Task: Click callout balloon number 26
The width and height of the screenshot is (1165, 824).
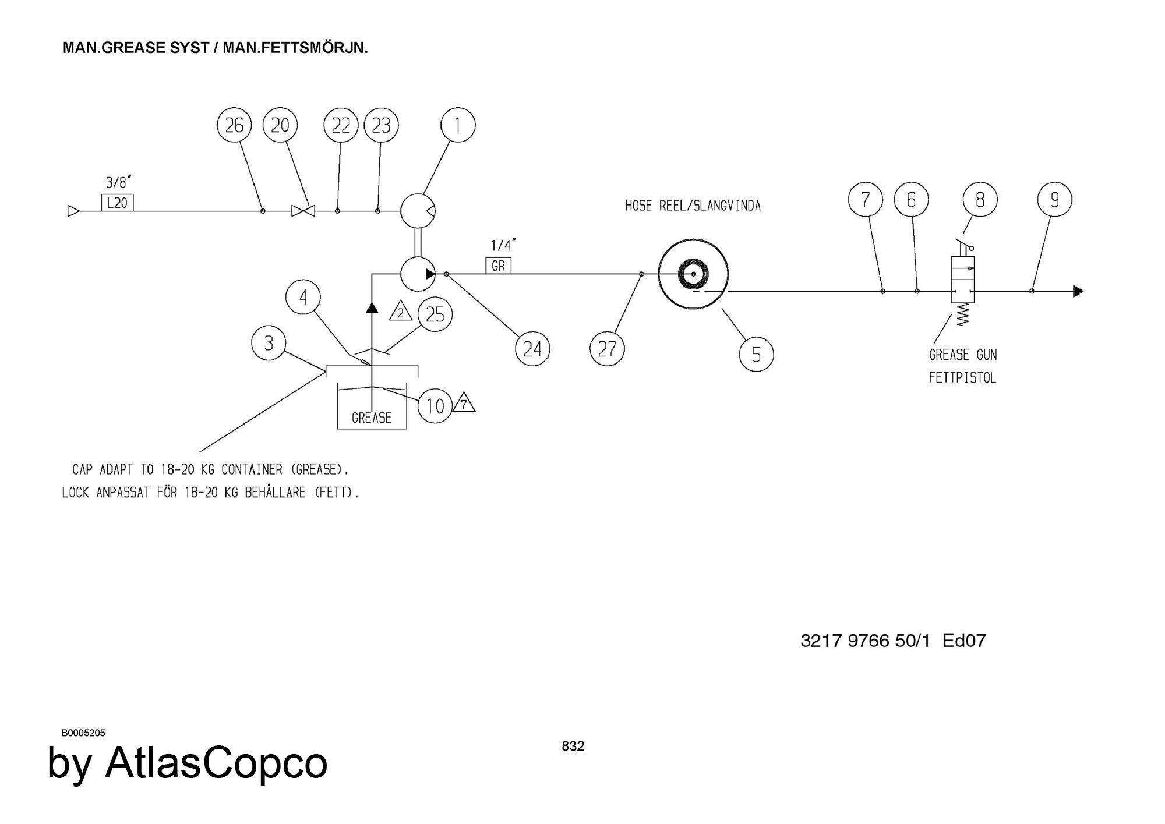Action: point(234,125)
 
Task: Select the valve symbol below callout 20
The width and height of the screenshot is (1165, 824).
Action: point(303,211)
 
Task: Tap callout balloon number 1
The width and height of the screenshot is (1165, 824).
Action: point(458,125)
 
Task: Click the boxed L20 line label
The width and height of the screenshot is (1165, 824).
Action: point(118,203)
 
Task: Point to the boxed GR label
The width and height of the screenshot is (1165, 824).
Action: point(499,266)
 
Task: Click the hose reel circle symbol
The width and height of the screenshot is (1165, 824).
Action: point(693,275)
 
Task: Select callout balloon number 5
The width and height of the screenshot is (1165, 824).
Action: point(756,353)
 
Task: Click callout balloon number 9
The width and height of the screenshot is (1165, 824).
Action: point(1054,200)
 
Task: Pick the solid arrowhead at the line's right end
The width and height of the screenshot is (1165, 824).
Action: point(1078,291)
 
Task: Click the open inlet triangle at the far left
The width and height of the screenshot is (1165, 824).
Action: point(73,211)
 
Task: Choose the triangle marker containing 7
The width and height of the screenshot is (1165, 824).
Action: point(464,404)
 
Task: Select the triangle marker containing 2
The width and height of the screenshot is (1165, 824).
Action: point(400,312)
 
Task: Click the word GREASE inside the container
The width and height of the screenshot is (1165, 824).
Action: point(372,418)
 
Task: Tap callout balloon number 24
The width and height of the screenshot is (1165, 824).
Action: point(532,349)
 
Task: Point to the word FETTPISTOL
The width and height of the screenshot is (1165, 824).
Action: point(962,378)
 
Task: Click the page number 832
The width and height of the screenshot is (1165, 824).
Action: point(573,746)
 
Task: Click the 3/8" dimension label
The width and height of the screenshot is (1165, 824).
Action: point(117,182)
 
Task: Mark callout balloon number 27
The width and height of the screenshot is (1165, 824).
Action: point(607,349)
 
